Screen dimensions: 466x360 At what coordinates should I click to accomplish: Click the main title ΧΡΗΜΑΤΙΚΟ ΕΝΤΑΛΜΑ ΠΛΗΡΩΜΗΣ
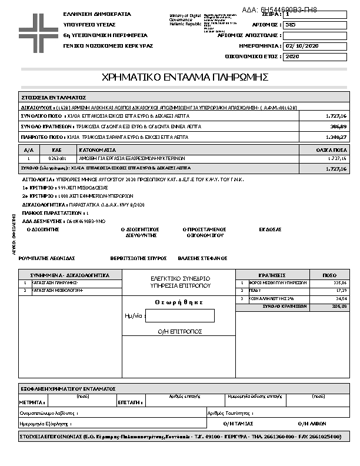pos(185,77)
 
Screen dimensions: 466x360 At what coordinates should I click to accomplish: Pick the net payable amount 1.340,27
pos(336,137)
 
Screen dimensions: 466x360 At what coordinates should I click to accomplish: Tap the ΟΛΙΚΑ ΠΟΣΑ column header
pos(331,151)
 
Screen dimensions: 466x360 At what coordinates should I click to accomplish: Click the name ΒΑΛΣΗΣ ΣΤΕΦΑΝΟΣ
pos(204,258)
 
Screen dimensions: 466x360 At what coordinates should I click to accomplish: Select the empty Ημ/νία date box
pos(180,315)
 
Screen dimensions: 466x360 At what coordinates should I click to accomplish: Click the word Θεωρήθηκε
pos(179,302)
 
